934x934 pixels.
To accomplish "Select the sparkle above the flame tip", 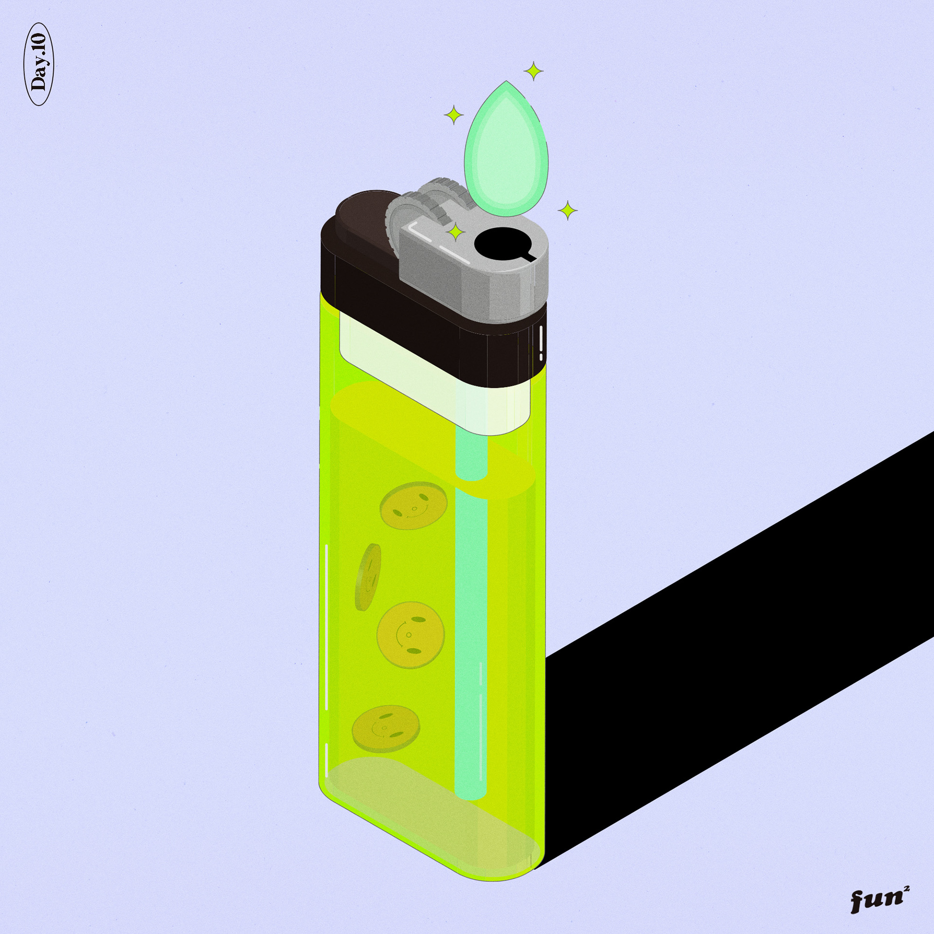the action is click(534, 72).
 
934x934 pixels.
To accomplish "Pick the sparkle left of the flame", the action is click(455, 115).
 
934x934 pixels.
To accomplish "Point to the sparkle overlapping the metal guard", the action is click(456, 233).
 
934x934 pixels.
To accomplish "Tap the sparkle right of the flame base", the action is click(567, 211).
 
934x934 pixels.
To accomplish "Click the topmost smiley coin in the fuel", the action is click(413, 508).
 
